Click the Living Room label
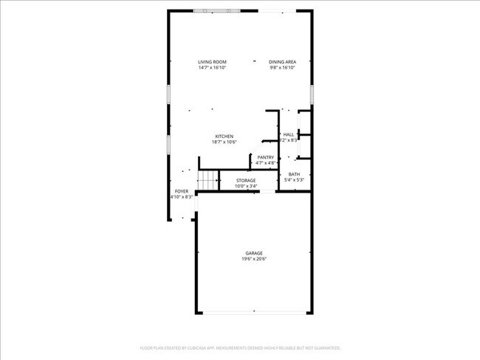[212, 61]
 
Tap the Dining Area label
[282, 61]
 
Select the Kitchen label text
[224, 136]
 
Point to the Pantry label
[266, 157]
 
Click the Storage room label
[246, 180]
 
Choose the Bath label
[294, 174]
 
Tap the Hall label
[289, 134]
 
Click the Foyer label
[181, 191]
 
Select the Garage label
[254, 253]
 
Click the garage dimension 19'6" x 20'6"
[254, 259]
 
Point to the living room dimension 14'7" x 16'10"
[212, 67]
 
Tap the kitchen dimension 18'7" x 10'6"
[224, 142]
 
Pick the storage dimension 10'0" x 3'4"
[246, 186]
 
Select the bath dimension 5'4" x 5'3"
[294, 180]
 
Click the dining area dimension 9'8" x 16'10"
[282, 67]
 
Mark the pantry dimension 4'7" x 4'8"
[266, 163]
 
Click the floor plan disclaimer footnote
[240, 347]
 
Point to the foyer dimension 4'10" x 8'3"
[182, 197]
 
